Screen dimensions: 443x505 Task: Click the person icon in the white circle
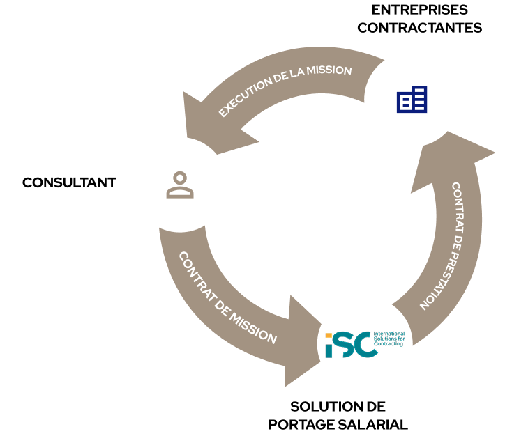(180, 185)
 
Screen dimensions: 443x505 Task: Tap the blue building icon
(412, 100)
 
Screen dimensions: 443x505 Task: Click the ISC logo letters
(349, 344)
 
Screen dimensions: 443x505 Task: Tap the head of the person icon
(180, 177)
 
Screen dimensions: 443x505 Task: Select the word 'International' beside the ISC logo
(389, 333)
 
